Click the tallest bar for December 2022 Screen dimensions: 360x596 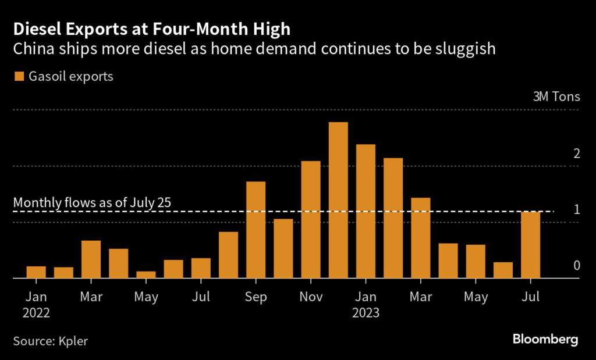[x=338, y=200]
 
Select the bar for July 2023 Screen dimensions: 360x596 [x=531, y=245]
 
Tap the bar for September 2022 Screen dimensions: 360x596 [x=256, y=230]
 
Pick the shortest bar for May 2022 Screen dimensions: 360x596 [x=146, y=275]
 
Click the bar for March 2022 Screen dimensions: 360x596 [x=91, y=259]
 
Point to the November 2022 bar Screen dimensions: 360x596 [x=311, y=219]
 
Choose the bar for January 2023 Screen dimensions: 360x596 [x=366, y=211]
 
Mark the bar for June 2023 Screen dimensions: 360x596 [x=503, y=270]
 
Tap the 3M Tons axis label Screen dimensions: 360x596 [x=556, y=97]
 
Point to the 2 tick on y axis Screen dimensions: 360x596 [x=576, y=154]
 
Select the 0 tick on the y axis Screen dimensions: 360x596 [x=576, y=266]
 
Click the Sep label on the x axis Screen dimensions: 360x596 [x=256, y=297]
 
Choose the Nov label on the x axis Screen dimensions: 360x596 [x=311, y=297]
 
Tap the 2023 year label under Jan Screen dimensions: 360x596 [x=366, y=313]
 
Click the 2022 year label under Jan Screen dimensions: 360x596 [x=36, y=313]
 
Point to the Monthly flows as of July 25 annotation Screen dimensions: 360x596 [x=95, y=203]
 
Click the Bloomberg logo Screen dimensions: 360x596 [x=545, y=340]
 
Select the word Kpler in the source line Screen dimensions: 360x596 [x=73, y=341]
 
